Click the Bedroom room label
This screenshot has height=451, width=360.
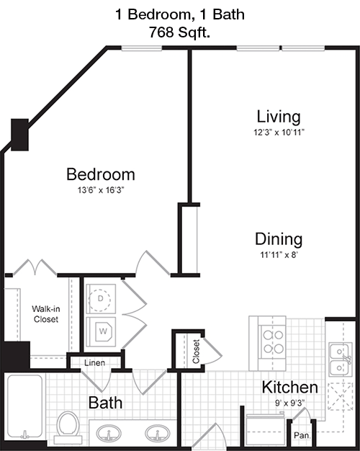(101, 174)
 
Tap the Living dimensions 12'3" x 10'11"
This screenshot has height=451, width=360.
(279, 133)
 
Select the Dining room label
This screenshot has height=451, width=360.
(279, 239)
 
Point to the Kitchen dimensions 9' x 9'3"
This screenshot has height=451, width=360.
(289, 403)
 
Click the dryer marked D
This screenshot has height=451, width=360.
(100, 299)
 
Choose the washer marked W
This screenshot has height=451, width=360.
(101, 331)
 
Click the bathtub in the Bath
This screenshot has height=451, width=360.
(25, 406)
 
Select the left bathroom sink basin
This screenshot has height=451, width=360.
(109, 433)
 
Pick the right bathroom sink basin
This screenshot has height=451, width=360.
(157, 433)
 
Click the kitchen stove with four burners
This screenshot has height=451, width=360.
(271, 343)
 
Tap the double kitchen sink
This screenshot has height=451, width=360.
(341, 360)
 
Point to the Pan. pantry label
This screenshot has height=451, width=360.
(302, 435)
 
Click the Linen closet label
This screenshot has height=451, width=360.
(94, 362)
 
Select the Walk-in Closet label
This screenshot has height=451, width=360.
(46, 314)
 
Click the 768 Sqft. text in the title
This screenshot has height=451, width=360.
(180, 32)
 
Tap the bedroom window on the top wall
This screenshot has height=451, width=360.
(141, 48)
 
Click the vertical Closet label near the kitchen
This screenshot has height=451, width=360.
(196, 352)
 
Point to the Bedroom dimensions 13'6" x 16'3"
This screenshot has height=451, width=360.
(101, 190)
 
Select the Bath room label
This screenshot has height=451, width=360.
(105, 403)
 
